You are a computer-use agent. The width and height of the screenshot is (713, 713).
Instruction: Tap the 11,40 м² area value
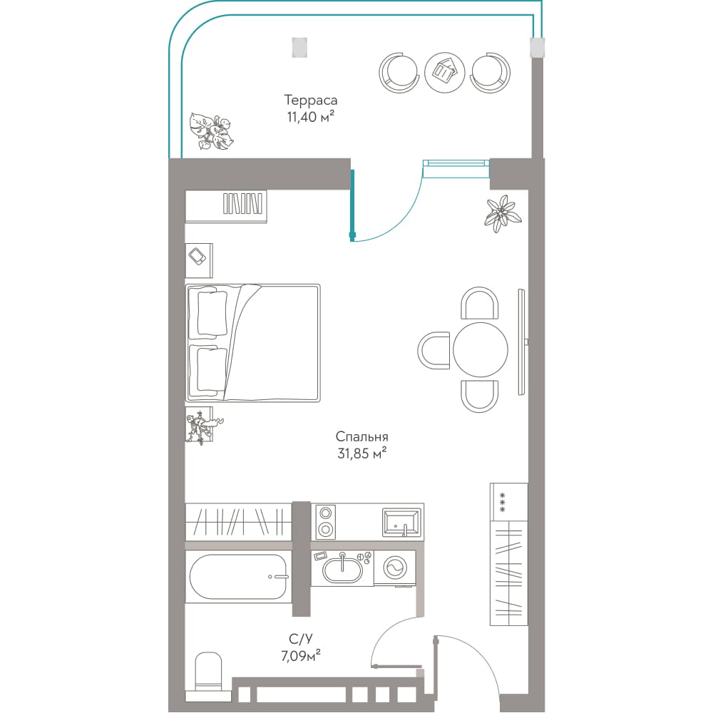tap(311, 117)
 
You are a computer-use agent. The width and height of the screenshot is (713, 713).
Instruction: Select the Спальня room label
tap(361, 437)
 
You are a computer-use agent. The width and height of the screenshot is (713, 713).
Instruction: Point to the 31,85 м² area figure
tap(362, 453)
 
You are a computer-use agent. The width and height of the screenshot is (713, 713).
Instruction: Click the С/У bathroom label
tap(301, 640)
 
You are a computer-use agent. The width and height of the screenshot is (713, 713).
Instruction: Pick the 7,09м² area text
tap(301, 656)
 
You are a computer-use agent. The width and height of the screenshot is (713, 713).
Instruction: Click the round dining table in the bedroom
tap(480, 349)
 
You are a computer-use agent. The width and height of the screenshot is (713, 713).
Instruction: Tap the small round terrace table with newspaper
tap(445, 73)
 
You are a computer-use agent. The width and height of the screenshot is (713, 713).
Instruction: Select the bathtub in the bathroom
tap(238, 577)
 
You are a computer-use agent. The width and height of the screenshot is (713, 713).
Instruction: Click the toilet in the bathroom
tap(208, 672)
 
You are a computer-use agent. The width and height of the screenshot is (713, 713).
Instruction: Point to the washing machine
tap(395, 568)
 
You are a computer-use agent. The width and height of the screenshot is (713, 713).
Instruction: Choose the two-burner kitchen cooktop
tap(325, 522)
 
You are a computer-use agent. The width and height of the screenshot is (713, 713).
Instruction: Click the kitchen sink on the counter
tap(401, 523)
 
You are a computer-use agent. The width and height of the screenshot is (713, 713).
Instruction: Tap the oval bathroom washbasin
tap(342, 569)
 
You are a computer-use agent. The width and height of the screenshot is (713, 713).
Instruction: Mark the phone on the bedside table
tap(198, 257)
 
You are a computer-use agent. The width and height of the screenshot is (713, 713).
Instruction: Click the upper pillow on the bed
tap(212, 314)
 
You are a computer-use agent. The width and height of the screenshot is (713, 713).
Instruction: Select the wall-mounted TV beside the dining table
tap(522, 342)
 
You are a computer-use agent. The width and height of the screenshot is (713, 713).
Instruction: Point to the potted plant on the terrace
tap(211, 131)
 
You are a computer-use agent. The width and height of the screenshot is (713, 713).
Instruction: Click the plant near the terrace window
tap(503, 212)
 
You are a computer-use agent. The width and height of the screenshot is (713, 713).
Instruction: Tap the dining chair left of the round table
tap(434, 350)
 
